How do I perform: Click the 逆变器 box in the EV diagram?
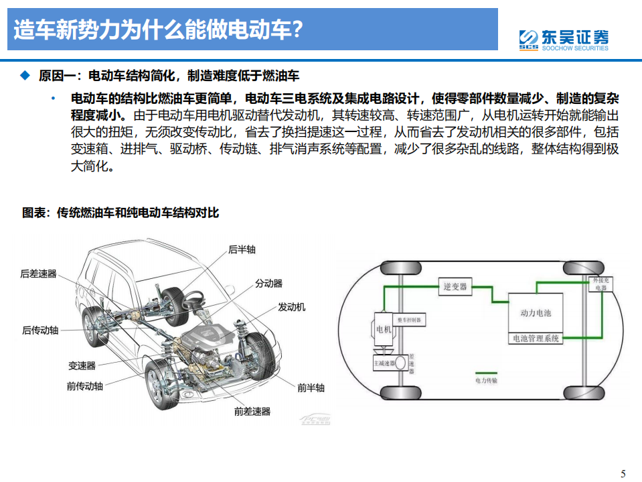pos(455,287)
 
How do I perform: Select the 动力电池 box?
pos(536,312)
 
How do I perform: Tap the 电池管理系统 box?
pos(536,339)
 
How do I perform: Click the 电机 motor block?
pos(383,328)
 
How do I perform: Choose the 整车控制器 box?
pos(410,320)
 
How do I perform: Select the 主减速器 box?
pos(386,363)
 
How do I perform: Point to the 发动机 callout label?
pos(291,307)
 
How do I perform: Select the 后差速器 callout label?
pos(38,274)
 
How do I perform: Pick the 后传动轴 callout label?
pos(40,330)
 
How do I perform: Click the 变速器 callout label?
pos(82,365)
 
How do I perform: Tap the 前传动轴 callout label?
pos(85,386)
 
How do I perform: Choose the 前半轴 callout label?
pos(311,387)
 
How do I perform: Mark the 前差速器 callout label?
pos(252,412)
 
